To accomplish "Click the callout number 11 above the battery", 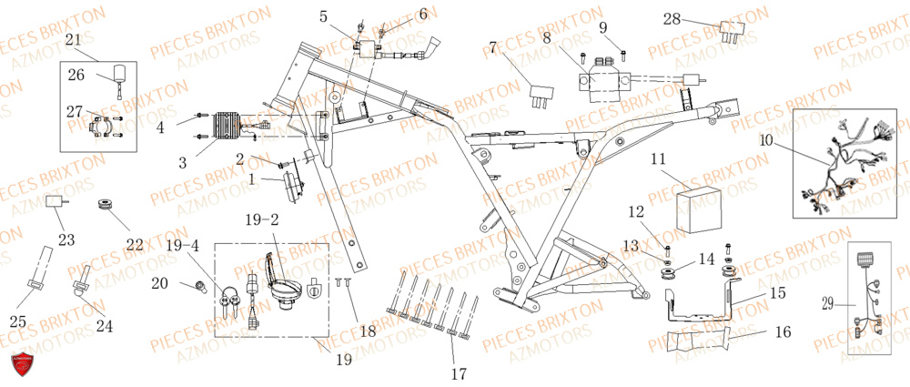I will coord(658,159).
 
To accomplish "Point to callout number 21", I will coord(74,39).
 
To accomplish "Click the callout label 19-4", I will coord(181,245).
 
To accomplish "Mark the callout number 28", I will coord(672,19).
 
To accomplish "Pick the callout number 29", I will coord(828,304).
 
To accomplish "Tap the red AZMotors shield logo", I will coord(25,363).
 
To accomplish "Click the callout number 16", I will coord(784,334).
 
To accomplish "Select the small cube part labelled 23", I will coord(58,201).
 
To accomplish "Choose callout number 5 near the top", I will coord(324,16).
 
